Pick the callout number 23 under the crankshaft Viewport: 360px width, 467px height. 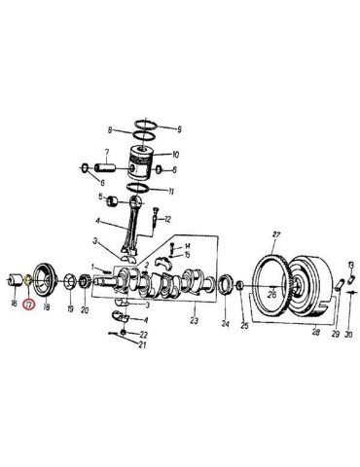coord(195,322)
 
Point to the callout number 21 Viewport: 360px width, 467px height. coord(143,345)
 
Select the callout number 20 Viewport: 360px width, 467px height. coord(85,311)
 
